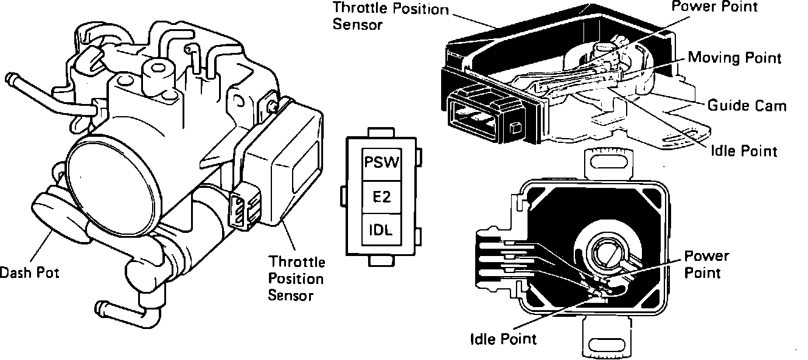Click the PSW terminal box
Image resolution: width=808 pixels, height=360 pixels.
(x=381, y=164)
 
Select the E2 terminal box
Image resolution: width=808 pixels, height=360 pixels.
(x=381, y=197)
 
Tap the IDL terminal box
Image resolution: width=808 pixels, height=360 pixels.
(x=381, y=230)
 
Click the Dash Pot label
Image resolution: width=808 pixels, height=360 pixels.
(x=30, y=272)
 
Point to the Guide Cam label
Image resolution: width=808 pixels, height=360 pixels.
(x=747, y=105)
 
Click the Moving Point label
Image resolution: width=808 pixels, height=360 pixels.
(x=734, y=58)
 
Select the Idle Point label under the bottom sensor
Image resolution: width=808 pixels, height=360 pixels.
(x=504, y=338)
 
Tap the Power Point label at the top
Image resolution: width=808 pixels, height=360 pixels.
(x=714, y=8)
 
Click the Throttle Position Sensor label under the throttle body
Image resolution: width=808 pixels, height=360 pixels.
(x=297, y=279)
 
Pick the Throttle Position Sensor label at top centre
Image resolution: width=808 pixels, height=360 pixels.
(x=399, y=17)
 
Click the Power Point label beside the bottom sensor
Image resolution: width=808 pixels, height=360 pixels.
(x=706, y=264)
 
